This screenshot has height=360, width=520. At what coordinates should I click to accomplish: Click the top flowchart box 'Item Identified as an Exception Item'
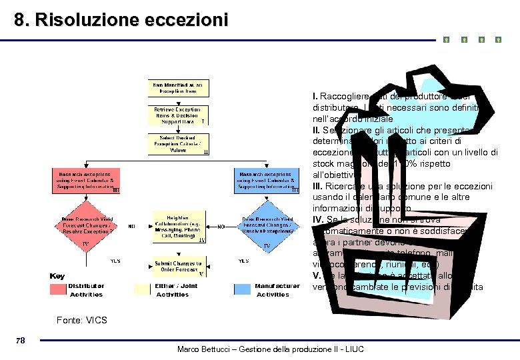[179, 88]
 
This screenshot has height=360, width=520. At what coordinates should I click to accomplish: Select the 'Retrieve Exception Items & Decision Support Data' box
[179, 114]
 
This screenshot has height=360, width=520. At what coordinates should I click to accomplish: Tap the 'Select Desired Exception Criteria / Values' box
[179, 143]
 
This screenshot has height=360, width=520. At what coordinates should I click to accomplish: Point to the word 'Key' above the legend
[58, 275]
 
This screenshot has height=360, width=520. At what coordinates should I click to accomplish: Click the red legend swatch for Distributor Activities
[58, 289]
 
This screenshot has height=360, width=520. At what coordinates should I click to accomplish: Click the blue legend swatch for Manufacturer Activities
[244, 289]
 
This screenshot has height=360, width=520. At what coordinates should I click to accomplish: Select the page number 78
[20, 341]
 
